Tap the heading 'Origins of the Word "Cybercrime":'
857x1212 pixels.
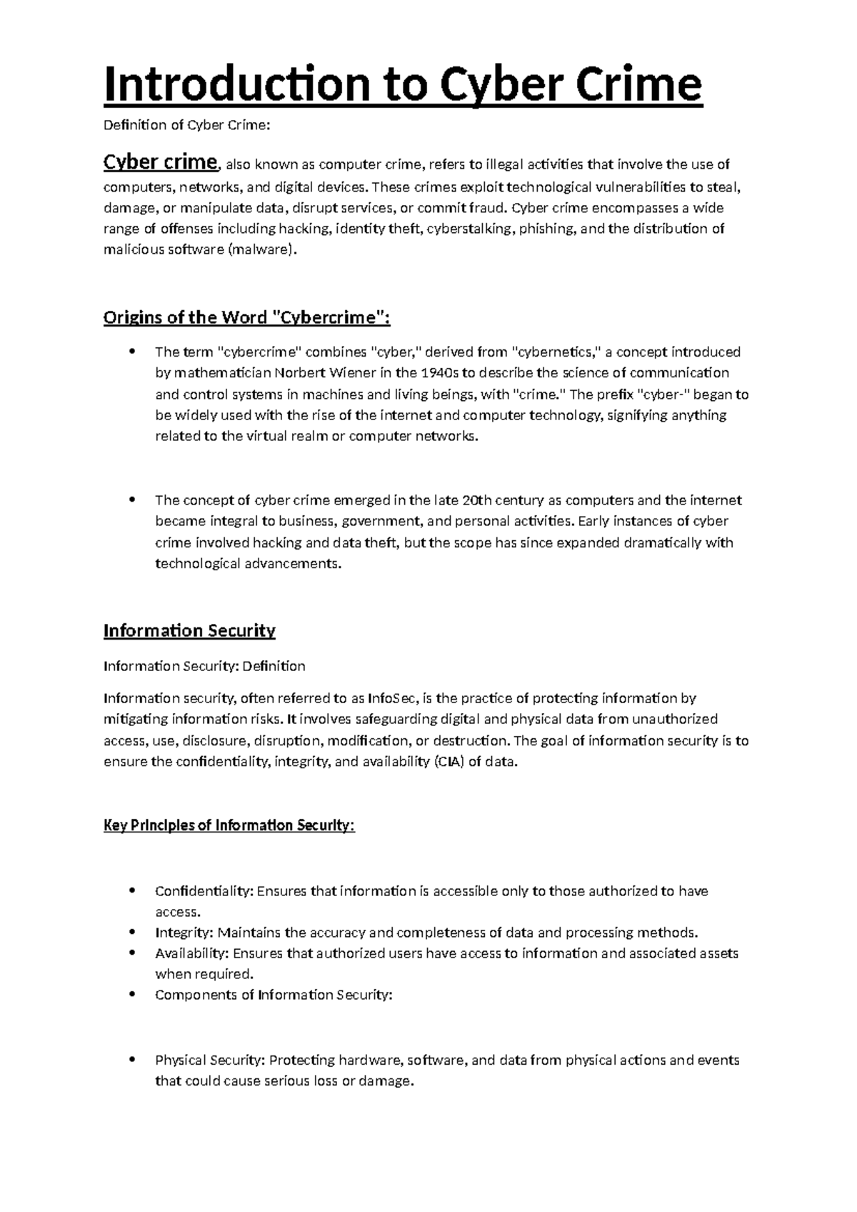coord(246,317)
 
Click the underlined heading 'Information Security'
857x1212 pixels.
coord(189,630)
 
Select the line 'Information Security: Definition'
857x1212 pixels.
coord(204,666)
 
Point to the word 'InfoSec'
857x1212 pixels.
coord(391,698)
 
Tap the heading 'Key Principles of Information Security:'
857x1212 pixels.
coord(229,825)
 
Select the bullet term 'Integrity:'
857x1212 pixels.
coord(184,933)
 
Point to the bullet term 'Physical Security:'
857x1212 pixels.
coord(210,1060)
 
